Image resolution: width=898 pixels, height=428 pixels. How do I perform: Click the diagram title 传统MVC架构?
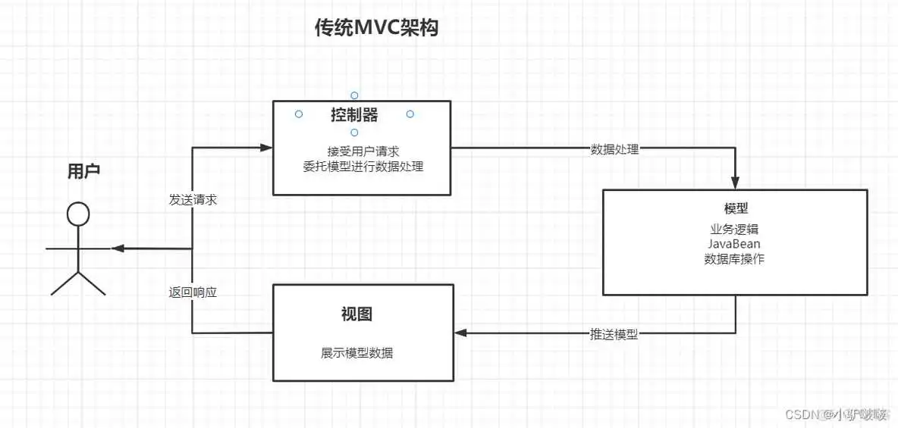[x=376, y=29]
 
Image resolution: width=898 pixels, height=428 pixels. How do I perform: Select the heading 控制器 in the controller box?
[x=354, y=115]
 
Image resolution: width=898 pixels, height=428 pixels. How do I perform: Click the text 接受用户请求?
[x=363, y=151]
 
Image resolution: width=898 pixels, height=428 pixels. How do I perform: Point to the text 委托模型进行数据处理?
[x=363, y=167]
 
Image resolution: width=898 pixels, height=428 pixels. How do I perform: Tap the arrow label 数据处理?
[x=614, y=149]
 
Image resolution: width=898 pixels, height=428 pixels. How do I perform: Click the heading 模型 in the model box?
[x=736, y=208]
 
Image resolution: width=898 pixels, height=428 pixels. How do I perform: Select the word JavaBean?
[x=734, y=244]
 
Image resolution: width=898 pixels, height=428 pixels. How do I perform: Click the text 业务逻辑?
[x=734, y=229]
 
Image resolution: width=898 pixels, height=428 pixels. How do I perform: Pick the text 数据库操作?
[x=734, y=259]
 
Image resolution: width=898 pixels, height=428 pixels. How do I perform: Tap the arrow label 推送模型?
[x=614, y=333]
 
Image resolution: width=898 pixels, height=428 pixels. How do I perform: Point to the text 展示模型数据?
[x=356, y=353]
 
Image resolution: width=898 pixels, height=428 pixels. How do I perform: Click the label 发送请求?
[x=193, y=201]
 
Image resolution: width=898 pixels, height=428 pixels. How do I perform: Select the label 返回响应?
[x=193, y=292]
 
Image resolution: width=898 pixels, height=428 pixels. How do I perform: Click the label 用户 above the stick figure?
[x=83, y=171]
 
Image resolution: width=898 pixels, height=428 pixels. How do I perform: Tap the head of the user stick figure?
[x=78, y=214]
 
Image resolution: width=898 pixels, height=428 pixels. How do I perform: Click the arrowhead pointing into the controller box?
[x=266, y=147]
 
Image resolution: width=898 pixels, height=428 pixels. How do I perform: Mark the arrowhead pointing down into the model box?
[x=735, y=183]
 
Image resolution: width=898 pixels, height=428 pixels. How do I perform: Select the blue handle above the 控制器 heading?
[x=354, y=95]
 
